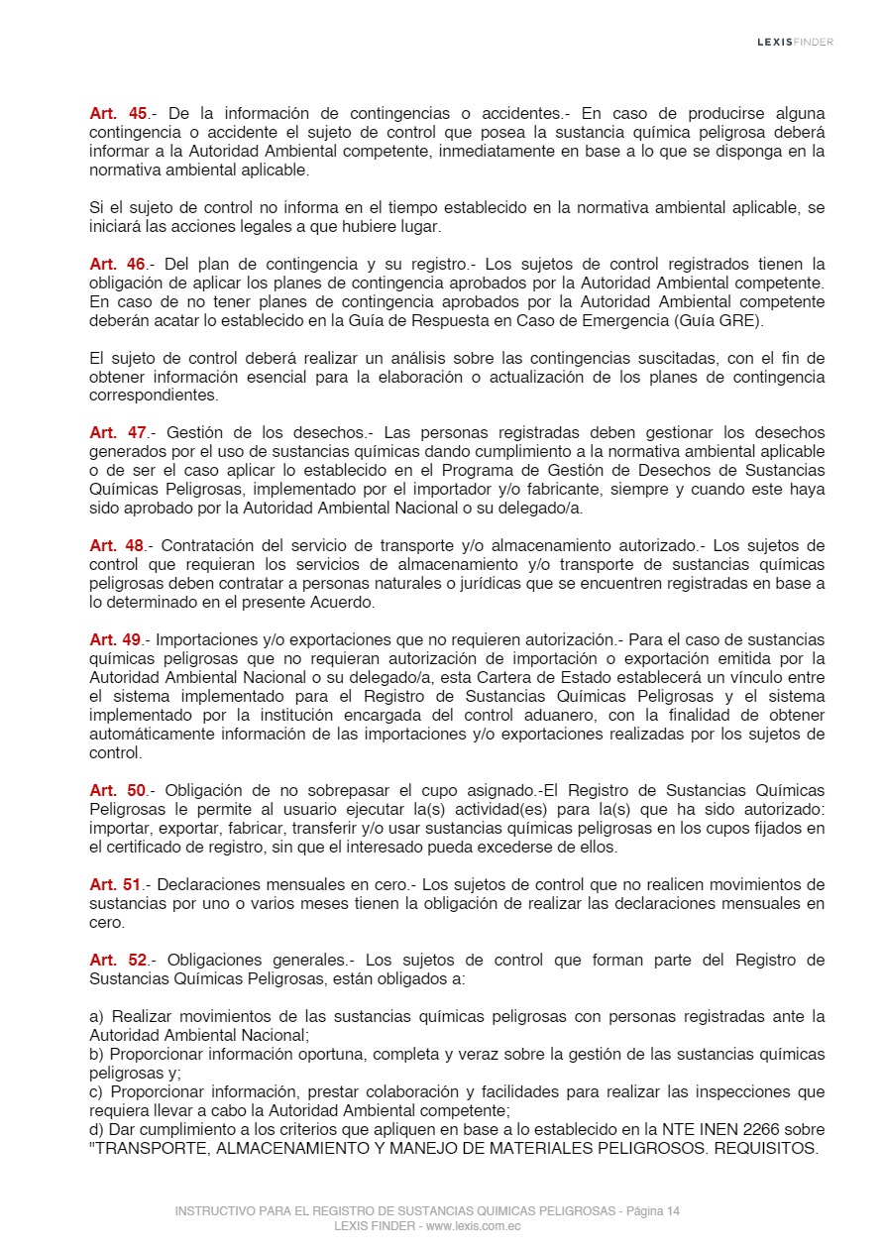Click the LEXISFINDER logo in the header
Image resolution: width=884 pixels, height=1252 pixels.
795,42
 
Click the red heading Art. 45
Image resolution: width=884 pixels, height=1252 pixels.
118,114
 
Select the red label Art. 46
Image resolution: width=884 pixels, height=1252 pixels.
118,265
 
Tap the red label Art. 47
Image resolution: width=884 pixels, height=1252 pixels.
118,433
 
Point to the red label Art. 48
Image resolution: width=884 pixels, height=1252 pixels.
118,546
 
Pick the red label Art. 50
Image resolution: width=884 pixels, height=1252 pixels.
118,791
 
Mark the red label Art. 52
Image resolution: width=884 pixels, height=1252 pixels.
118,961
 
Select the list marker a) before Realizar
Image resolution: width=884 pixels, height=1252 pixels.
96,1017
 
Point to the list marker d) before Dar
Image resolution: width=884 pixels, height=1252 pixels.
96,1130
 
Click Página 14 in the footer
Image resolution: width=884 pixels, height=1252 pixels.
653,1211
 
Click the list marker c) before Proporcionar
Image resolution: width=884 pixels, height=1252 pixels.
96,1092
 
